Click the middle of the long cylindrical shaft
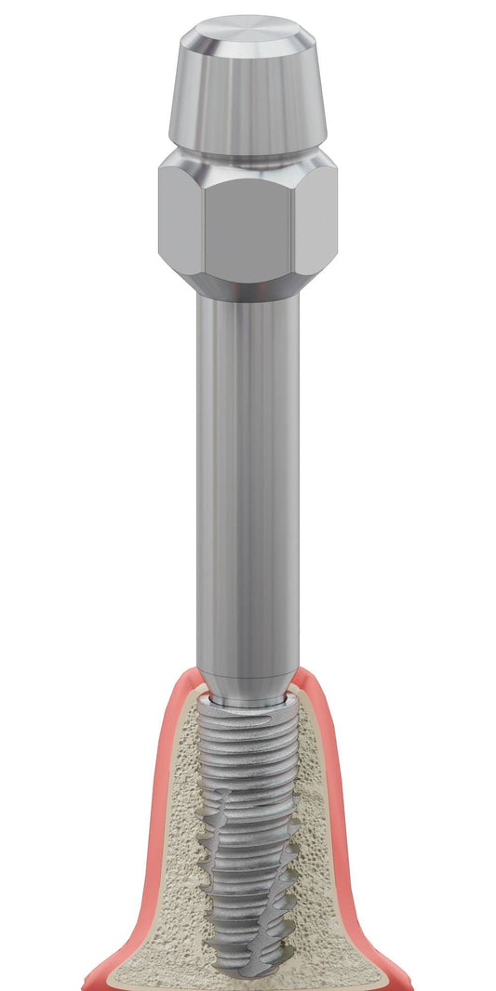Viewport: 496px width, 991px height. pyautogui.click(x=248, y=483)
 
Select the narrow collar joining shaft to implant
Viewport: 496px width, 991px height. pyautogui.click(x=248, y=699)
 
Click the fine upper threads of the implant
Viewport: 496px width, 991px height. pyautogui.click(x=248, y=744)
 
